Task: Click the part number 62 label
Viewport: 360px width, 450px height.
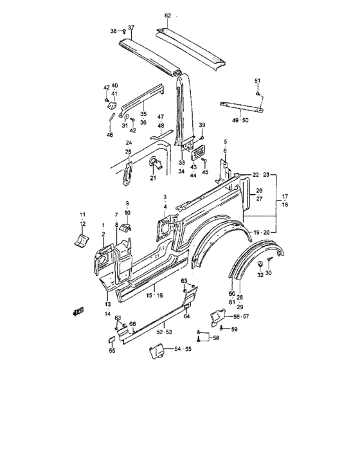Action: tap(168, 15)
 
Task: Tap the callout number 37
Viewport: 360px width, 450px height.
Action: tap(131, 28)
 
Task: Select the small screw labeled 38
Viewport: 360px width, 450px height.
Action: tap(124, 31)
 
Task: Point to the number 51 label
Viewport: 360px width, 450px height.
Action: tap(258, 81)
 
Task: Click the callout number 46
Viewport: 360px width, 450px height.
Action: tap(110, 134)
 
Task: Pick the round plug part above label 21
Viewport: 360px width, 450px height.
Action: tap(156, 163)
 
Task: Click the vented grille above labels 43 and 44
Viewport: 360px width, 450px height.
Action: tap(198, 152)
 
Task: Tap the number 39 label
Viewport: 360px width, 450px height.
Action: tap(202, 125)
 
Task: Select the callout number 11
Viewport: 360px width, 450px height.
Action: tap(83, 214)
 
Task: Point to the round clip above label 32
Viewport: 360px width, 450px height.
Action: tap(260, 264)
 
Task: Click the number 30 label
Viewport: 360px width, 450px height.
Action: tap(269, 273)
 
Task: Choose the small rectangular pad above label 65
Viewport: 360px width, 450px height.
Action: tap(111, 340)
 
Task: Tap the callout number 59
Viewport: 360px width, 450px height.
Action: tap(234, 329)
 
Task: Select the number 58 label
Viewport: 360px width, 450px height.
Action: tap(216, 337)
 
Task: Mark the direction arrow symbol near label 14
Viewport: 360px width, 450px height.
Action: tap(78, 311)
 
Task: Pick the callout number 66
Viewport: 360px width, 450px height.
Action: tap(132, 323)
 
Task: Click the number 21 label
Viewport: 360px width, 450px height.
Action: tap(153, 178)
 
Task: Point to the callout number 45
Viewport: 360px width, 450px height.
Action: tap(204, 172)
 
